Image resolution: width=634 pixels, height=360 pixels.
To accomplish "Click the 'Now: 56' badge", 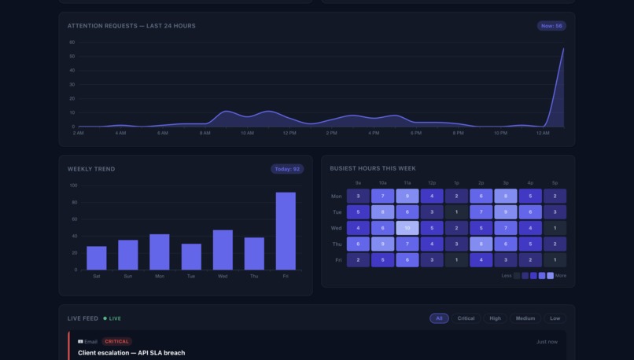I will pos(551,26).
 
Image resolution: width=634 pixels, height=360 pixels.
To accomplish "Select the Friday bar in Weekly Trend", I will pos(286,231).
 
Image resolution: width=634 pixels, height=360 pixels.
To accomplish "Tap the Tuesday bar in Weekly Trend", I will pos(191,256).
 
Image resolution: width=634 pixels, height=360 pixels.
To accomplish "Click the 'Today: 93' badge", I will pos(286,169).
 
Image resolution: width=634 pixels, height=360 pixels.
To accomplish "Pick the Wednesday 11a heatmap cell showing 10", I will pos(407,228).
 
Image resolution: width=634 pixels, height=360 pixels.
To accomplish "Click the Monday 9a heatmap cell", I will pos(358,196).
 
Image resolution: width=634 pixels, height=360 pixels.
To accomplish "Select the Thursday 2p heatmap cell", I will pos(481,244).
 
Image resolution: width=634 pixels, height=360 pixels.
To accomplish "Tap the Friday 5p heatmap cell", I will pos(555,260).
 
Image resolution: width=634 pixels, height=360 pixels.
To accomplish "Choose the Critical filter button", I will pos(466,318).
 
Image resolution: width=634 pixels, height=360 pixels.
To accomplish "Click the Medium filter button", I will pos(525,318).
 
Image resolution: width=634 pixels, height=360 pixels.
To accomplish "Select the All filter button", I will pos(439,318).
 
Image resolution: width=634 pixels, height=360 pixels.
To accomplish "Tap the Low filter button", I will pos(555,318).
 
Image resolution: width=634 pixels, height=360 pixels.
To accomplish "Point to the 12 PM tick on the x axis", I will pos(289,133).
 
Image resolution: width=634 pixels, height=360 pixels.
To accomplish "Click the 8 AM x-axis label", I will pos(205,133).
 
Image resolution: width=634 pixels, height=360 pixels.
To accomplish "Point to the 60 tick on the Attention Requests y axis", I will pos(72,42).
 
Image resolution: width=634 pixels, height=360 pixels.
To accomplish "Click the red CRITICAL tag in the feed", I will pos(116,342).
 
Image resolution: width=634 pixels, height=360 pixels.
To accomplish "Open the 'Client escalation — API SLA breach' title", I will pos(131,353).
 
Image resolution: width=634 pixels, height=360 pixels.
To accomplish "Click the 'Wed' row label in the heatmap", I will pos(337,228).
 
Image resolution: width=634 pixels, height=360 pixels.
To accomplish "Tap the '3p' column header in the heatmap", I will pos(505,183).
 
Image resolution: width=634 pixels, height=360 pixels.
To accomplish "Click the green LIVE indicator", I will pos(112,318).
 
